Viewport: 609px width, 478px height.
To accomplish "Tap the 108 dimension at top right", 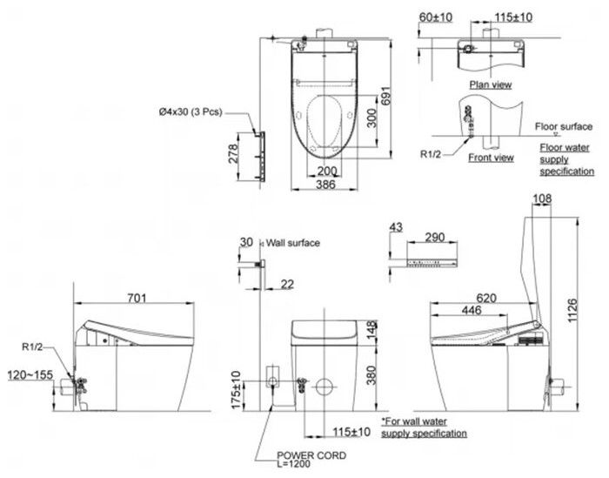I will [x=541, y=200].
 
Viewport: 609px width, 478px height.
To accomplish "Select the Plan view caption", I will [x=489, y=84].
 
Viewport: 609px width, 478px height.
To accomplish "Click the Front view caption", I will [x=491, y=158].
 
